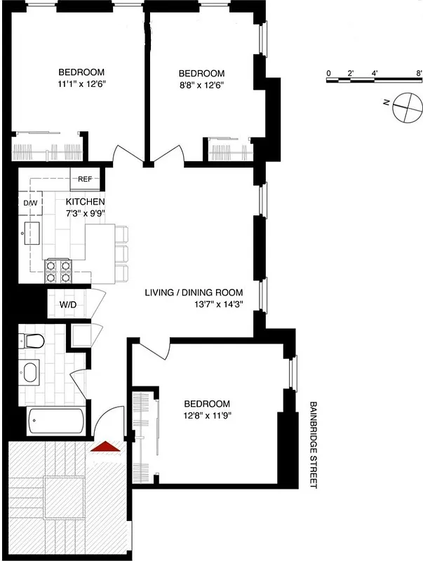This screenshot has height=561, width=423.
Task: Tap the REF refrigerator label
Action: coord(85,179)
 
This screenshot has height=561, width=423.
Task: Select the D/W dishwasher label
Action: coord(30,203)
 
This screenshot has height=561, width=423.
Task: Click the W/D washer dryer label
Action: coord(67,305)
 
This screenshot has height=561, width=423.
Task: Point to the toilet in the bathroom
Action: coord(32,342)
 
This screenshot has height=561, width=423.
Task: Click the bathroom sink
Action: coord(31,372)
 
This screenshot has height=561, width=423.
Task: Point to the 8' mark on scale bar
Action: coord(419,72)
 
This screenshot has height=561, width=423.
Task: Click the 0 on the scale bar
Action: coord(328,72)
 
